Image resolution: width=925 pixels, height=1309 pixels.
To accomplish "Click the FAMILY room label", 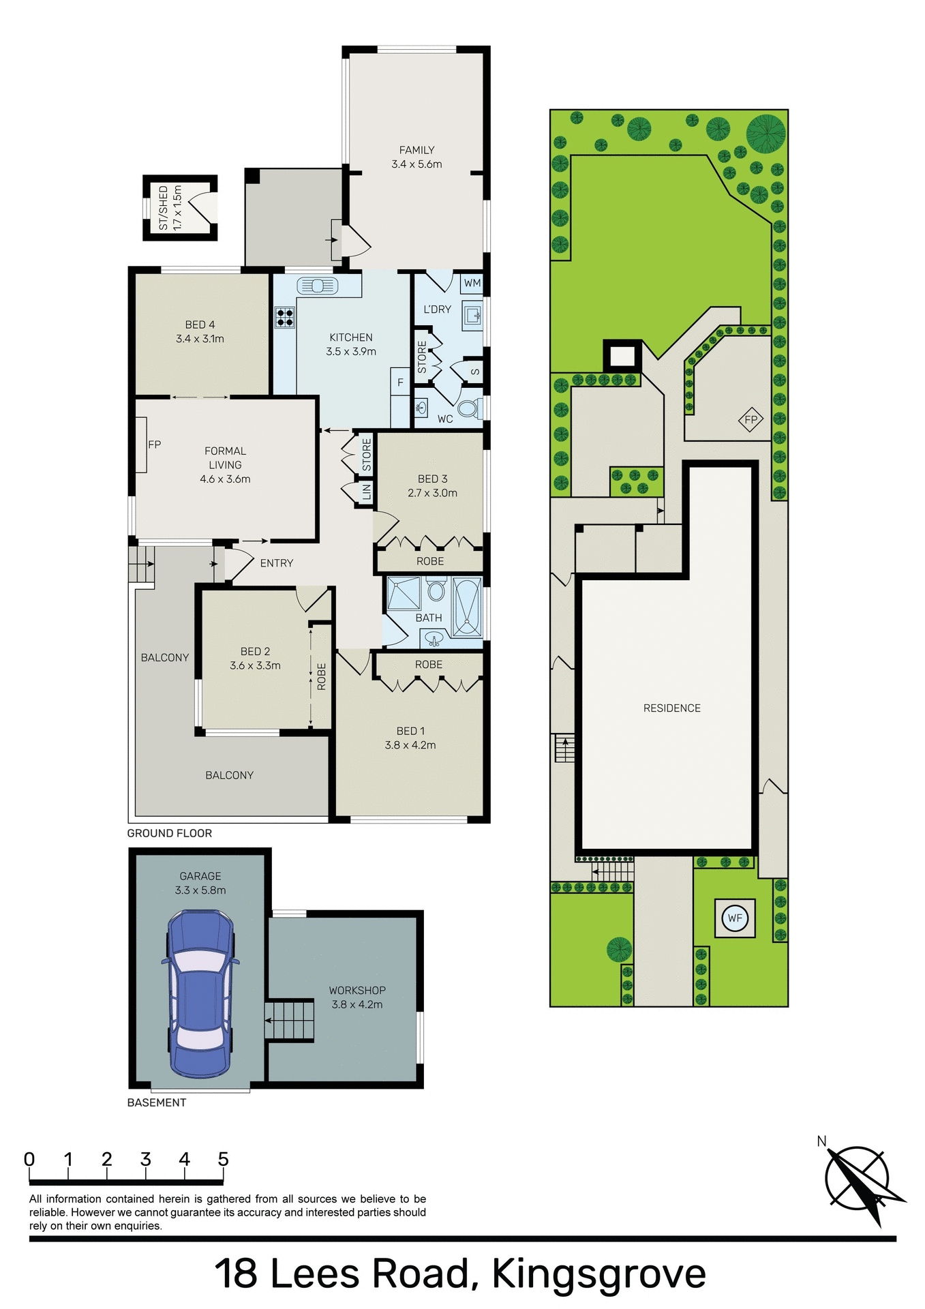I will click(x=416, y=150).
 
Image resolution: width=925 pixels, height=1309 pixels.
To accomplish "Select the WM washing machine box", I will click(x=472, y=283).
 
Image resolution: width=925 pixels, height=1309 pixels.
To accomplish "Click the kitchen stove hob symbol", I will click(x=285, y=317).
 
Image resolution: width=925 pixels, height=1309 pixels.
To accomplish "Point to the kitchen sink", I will click(x=318, y=286).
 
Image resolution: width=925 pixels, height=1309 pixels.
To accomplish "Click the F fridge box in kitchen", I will click(x=400, y=382).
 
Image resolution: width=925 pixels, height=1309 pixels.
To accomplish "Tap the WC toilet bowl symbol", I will click(x=468, y=408).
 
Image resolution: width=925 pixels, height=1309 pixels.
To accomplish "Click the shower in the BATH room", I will click(x=404, y=593).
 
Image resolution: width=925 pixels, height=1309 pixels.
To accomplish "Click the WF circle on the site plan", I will click(x=735, y=918).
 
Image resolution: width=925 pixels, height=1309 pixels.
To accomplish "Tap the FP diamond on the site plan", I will click(x=750, y=419).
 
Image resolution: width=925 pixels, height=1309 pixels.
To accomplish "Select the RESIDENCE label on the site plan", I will click(x=671, y=708).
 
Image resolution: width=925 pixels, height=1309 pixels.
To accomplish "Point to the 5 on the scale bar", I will click(x=223, y=1159).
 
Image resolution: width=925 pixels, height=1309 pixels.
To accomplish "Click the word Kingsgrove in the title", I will click(x=598, y=1273).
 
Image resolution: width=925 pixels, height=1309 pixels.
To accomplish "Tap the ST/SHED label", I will click(x=163, y=208).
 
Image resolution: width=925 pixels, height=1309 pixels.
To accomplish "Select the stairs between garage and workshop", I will click(x=290, y=1020).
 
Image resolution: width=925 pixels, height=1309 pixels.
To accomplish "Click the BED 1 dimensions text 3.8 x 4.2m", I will click(x=410, y=745).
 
